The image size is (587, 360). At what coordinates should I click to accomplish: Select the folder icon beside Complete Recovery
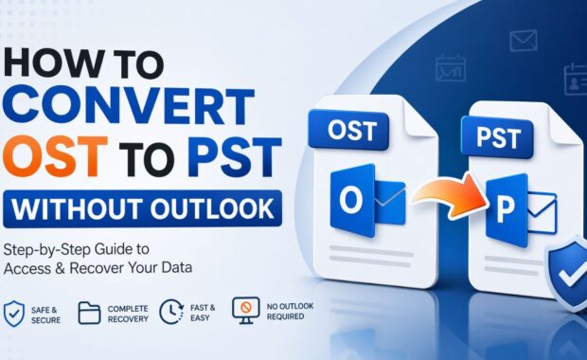tap(88, 314)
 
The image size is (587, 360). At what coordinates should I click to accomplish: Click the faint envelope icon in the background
tap(523, 40)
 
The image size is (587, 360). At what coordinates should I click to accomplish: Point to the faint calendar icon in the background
tap(450, 67)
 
